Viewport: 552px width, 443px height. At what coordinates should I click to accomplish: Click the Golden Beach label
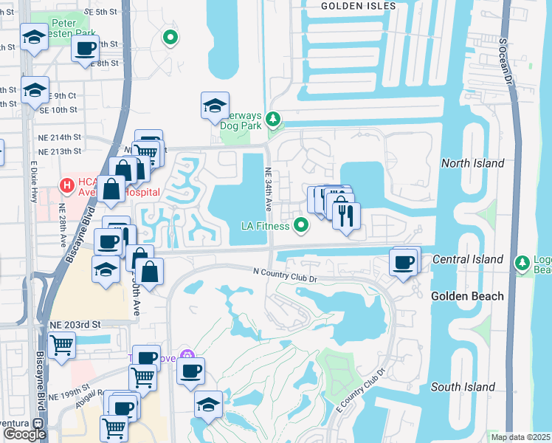click(x=467, y=296)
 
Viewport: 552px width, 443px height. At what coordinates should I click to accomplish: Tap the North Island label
click(x=472, y=163)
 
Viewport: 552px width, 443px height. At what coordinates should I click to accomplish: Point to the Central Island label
click(x=468, y=260)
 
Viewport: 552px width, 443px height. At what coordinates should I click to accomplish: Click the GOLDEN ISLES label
click(x=359, y=6)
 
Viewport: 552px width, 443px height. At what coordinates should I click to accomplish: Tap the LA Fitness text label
click(x=266, y=225)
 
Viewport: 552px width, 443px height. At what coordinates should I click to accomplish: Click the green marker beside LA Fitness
click(x=301, y=225)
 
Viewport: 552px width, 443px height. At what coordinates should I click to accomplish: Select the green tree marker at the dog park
click(x=274, y=118)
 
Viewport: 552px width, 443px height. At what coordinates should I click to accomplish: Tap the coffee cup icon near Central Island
click(x=404, y=262)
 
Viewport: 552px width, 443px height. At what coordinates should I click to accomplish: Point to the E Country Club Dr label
click(x=361, y=392)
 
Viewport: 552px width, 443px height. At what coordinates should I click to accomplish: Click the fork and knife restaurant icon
click(x=345, y=215)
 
